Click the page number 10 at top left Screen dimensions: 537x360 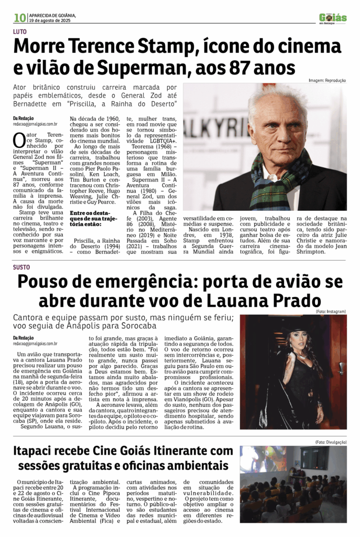20,18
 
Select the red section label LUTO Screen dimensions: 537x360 21,32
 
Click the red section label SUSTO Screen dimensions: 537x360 22,267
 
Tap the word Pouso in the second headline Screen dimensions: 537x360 45,283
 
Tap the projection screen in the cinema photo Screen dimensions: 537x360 262,459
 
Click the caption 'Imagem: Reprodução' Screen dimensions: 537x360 327,80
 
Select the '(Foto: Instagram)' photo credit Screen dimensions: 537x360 330,312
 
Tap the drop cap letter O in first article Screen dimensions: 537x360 19,141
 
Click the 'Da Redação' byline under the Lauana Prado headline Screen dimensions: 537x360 24,338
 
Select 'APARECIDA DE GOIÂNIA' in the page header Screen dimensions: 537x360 52,15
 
